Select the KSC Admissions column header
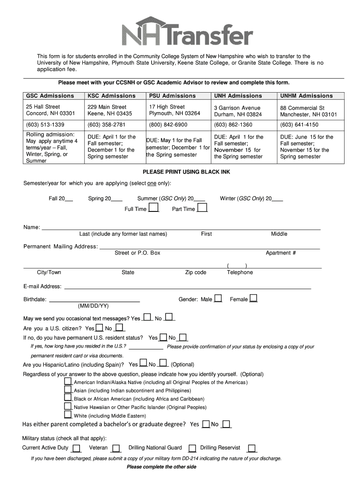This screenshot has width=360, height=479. [x=111, y=96]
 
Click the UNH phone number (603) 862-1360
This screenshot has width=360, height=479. [x=233, y=125]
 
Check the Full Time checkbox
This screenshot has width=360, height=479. [x=153, y=208]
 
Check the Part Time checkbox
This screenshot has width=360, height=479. [x=202, y=208]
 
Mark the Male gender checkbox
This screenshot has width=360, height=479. [x=218, y=298]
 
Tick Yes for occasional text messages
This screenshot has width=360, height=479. [x=147, y=318]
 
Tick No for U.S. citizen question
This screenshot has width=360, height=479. [x=119, y=327]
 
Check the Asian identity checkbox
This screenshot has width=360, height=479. [x=68, y=390]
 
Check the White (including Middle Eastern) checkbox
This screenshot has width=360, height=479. [x=68, y=415]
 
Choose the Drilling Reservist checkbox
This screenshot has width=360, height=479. [x=252, y=448]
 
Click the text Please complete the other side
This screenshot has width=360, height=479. [x=161, y=467]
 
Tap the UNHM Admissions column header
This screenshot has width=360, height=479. [x=306, y=96]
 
